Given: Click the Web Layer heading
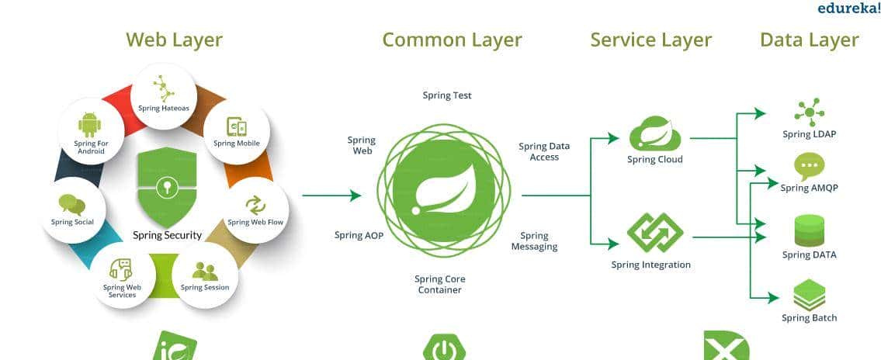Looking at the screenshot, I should (x=174, y=40).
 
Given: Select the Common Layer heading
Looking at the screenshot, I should (x=452, y=40).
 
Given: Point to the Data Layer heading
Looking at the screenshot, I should (x=809, y=40).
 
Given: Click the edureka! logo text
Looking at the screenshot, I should (x=848, y=8).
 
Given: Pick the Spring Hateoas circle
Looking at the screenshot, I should (x=164, y=95).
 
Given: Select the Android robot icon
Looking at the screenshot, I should (x=90, y=124).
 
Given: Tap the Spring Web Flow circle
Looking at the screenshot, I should (x=255, y=209).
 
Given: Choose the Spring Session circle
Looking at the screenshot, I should (x=205, y=276).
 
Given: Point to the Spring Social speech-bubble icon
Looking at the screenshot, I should (x=72, y=205).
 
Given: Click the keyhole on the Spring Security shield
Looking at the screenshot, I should (x=166, y=187).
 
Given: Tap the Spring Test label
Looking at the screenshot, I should (x=447, y=95).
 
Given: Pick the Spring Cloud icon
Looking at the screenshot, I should (x=654, y=133).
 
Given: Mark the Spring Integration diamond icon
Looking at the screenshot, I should (x=654, y=233).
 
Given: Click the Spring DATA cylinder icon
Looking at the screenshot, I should (x=809, y=231).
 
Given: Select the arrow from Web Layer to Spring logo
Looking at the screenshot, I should (x=331, y=196).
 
